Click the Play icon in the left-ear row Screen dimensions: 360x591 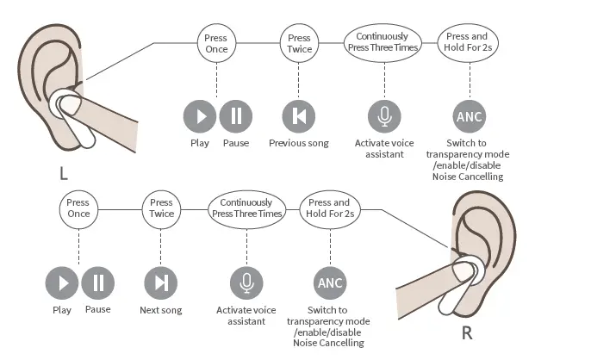[201, 115]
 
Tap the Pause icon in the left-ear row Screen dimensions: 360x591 [236, 115]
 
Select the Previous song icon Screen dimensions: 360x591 [299, 115]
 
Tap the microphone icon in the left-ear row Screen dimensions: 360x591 [384, 115]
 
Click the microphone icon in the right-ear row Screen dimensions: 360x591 [246, 282]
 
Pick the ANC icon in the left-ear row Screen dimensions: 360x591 [470, 116]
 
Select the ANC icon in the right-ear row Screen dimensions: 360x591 [331, 282]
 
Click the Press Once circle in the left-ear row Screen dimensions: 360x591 [216, 43]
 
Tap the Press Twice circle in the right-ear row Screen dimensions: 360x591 [161, 208]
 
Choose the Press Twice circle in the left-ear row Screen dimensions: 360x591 [299, 43]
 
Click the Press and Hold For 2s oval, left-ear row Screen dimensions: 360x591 [468, 42]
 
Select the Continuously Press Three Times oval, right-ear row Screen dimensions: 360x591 [246, 208]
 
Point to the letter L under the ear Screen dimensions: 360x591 [63, 173]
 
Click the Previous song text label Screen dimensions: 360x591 [299, 143]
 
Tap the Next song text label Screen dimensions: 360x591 [161, 310]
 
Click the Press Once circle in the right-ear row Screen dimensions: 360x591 [78, 208]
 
